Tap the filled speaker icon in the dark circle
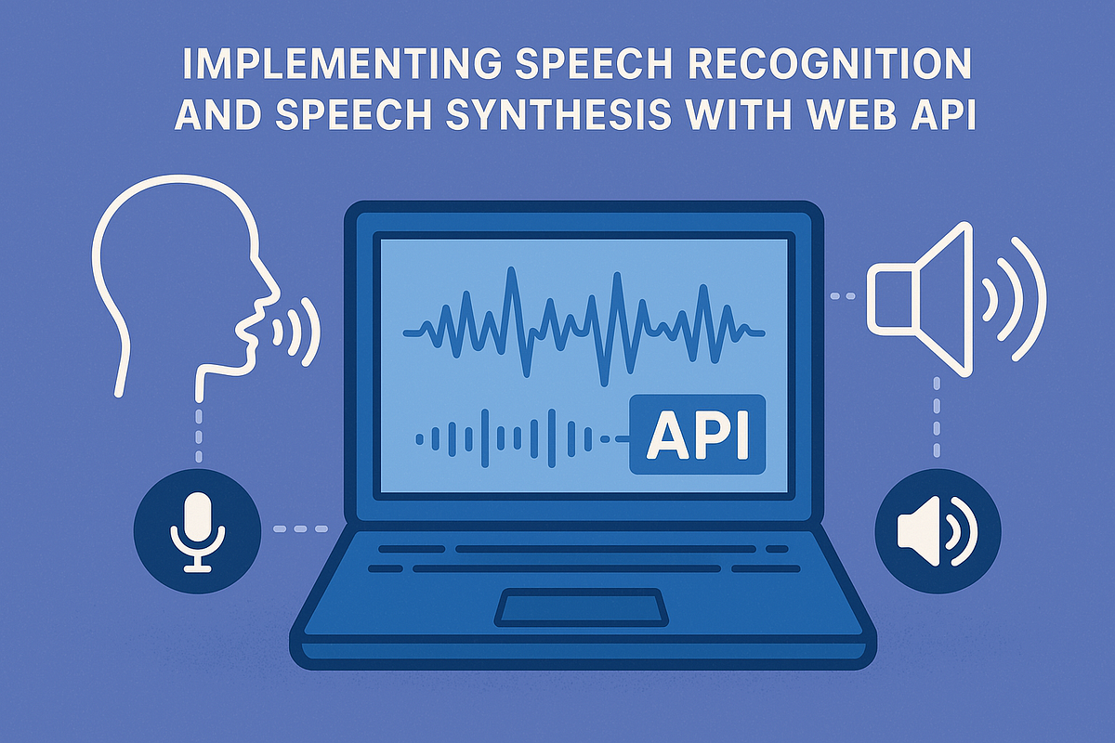point(938,530)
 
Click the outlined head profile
point(177,279)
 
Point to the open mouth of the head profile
point(251,327)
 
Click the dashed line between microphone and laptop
point(300,530)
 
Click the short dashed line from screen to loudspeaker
point(842,296)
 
